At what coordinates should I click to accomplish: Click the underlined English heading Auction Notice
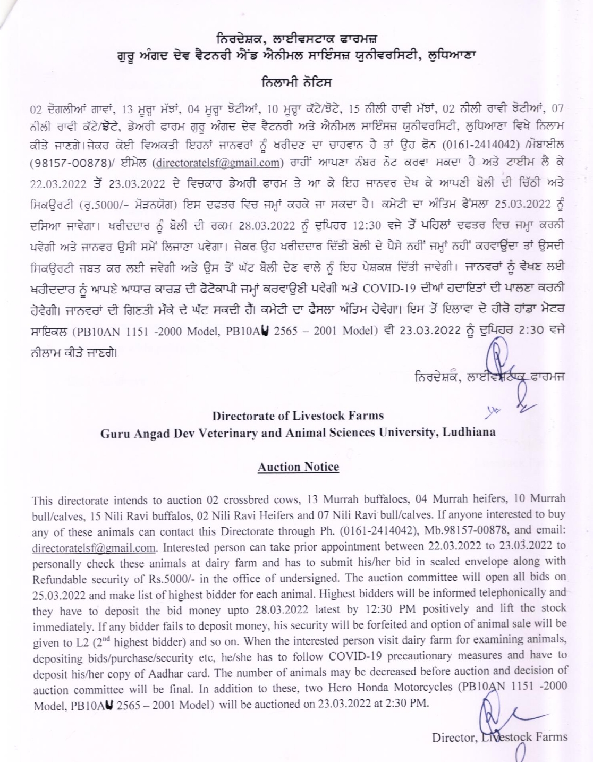pos(298,467)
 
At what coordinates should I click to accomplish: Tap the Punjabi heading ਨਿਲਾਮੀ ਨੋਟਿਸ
pos(296,82)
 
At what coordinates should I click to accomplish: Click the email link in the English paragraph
pos(94,548)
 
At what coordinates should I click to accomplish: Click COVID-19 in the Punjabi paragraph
pos(388,289)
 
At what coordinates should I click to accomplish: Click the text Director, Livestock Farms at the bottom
pos(499,737)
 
